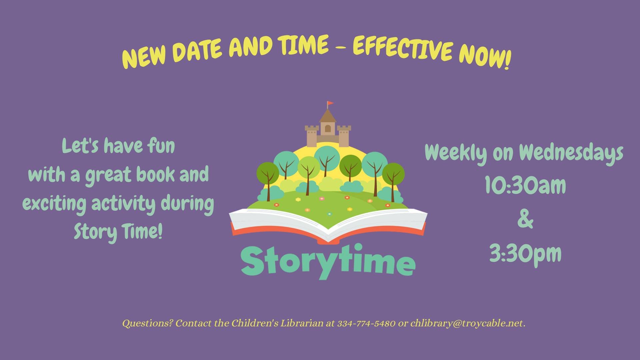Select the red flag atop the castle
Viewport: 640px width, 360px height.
click(x=330, y=103)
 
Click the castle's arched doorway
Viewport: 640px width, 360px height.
click(x=328, y=129)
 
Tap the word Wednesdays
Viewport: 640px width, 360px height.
click(x=571, y=153)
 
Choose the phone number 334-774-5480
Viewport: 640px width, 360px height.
click(x=366, y=323)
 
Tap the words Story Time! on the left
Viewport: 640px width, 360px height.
click(x=118, y=231)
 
